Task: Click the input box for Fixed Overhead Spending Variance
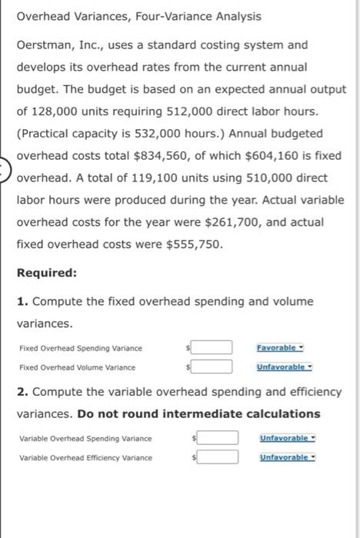[x=218, y=347]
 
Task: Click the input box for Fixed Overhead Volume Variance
[x=218, y=367]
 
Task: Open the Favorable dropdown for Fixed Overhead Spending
[x=281, y=347]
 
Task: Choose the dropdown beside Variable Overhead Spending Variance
[x=287, y=438]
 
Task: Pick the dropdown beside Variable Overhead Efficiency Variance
[x=287, y=457]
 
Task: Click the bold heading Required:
[x=45, y=273]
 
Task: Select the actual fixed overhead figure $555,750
[x=195, y=244]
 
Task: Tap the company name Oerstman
[x=45, y=45]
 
